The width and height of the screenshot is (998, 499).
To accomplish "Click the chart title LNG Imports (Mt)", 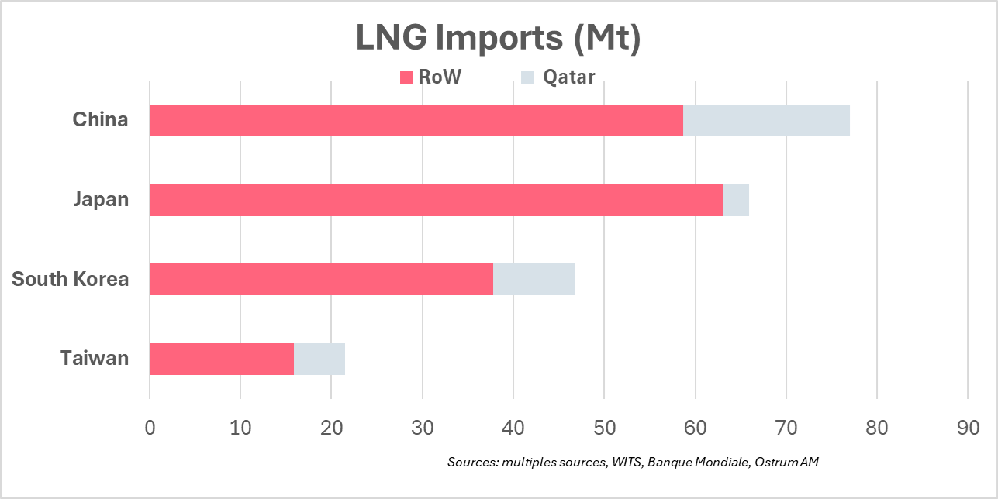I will pos(499,38).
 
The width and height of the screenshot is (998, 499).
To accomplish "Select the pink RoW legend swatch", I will pos(406,77).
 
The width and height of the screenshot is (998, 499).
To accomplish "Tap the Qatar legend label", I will pos(569,77).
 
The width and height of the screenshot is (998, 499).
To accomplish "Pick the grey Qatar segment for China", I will pos(766,120).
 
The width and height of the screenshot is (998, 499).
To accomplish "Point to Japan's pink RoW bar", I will pos(436,200).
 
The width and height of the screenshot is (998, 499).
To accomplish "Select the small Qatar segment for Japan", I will pos(736,200).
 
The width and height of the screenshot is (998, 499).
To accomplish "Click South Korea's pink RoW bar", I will pos(321,279).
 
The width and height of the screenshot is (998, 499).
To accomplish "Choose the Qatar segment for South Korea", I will pos(534,279).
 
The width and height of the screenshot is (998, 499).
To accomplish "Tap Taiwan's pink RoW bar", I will pos(222,359).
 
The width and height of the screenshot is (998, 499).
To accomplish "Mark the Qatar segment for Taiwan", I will pos(319,359).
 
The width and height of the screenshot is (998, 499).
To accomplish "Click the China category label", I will pos(100,120).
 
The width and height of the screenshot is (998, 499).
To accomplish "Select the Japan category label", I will pos(101,200).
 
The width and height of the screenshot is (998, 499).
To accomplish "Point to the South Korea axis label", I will pos(71,279).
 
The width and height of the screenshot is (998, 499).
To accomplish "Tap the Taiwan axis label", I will pos(95,359).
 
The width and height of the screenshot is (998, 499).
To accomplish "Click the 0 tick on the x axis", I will pos(150,428).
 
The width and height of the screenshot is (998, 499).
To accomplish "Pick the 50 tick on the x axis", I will pos(604,428).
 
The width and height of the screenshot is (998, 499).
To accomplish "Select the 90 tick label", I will pos(968,428).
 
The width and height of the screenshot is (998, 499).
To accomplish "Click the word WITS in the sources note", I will pos(628,462).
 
